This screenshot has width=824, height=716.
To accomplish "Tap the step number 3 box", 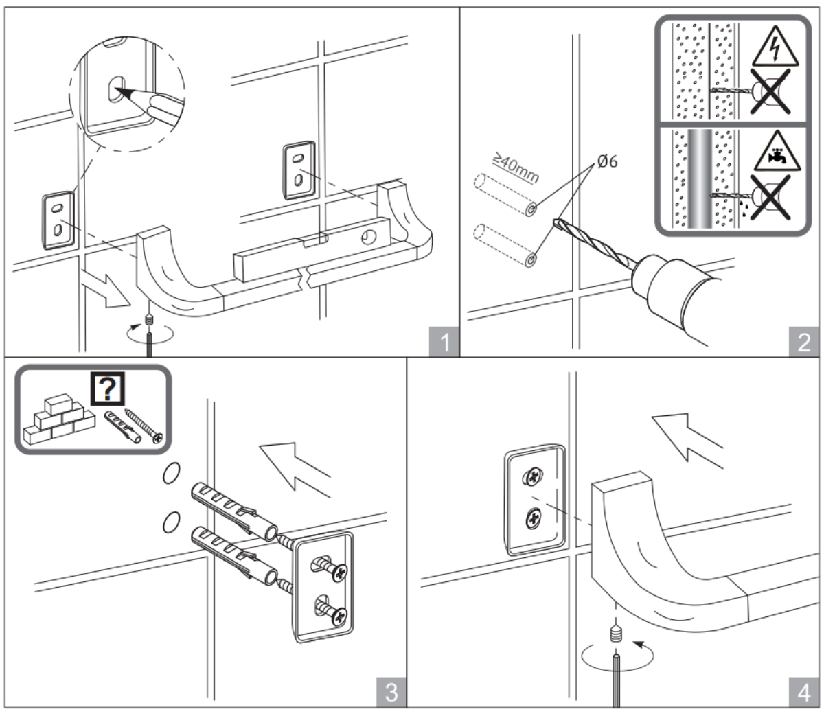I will (x=391, y=691).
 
